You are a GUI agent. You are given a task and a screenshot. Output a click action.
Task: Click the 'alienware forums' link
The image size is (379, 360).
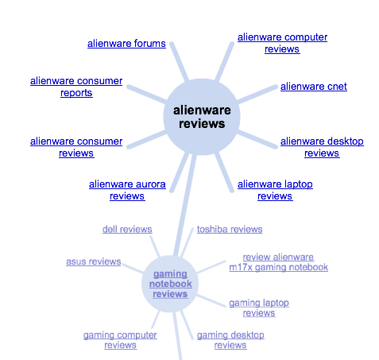pos(126,44)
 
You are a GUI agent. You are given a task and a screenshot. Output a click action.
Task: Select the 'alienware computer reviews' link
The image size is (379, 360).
pos(282,43)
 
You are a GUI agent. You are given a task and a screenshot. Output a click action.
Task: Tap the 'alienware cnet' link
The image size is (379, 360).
pos(314,87)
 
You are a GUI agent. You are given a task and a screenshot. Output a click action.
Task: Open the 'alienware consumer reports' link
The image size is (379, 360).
pos(76,87)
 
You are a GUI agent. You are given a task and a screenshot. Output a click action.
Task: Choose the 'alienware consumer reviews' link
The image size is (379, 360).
pos(76,147)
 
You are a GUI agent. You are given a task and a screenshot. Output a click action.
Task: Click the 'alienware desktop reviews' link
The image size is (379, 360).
pos(322,147)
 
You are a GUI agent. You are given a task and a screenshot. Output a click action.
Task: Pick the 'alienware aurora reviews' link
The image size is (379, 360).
pos(127,190)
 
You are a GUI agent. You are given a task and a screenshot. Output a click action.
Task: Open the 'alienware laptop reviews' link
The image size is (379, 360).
pos(275,190)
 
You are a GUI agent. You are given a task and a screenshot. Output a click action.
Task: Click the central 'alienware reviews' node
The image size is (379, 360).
pos(202,117)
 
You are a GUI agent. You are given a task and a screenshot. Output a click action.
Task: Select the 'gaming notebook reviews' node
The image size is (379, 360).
pos(170,284)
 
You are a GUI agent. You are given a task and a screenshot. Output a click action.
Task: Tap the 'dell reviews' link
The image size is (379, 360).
pos(127,230)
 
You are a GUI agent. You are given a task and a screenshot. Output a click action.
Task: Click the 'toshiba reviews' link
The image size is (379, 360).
pos(230,230)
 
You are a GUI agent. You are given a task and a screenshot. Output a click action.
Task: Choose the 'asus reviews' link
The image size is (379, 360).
pos(94,261)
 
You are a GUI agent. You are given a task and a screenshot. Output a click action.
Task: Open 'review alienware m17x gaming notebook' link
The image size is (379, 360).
pos(278,262)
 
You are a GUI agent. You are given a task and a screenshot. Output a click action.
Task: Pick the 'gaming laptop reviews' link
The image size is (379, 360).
pos(259,308)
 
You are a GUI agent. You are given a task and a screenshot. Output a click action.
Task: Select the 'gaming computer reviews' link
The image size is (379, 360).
pos(120,340)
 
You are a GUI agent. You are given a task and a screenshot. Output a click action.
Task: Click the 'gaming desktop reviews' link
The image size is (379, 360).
pos(230,340)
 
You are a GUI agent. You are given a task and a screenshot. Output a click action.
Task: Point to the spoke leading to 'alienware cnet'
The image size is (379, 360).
pos(257,95)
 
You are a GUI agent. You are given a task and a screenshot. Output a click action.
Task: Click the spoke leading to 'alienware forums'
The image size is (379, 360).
pos(180,61)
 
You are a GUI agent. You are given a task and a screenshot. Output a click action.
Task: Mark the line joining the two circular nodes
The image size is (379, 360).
pos(185,205)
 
